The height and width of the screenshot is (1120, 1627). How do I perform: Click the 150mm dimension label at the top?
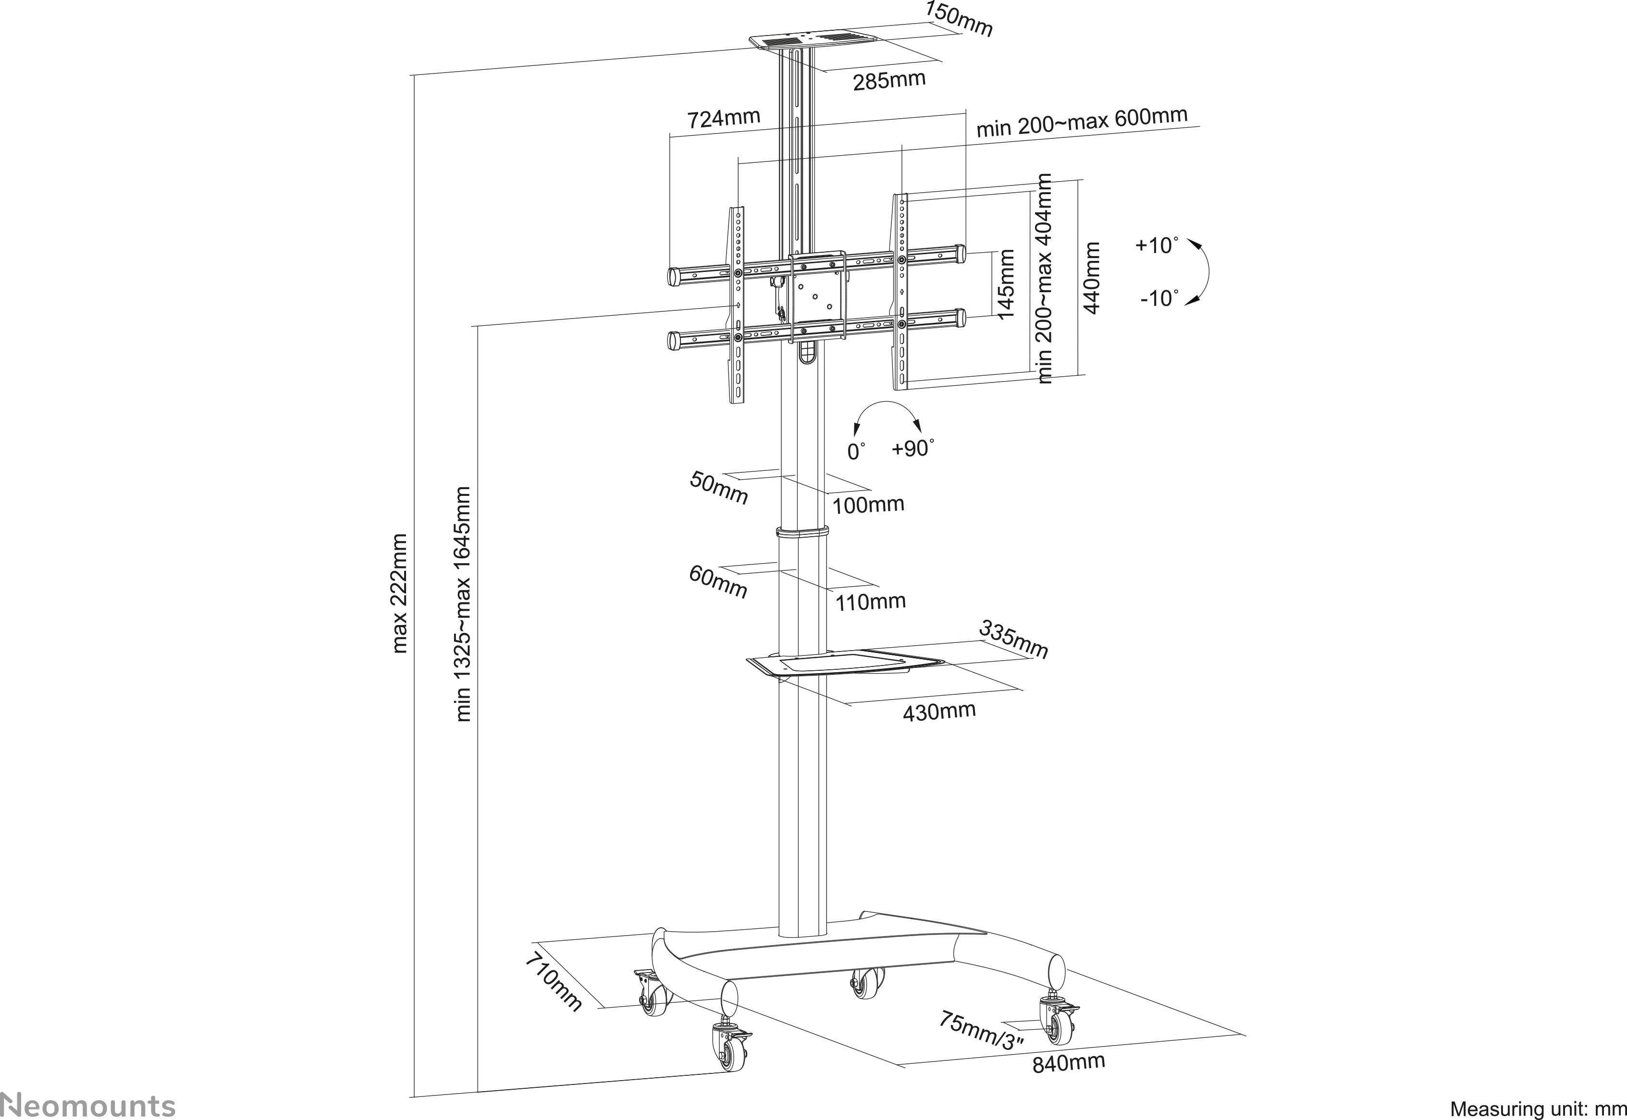(x=959, y=19)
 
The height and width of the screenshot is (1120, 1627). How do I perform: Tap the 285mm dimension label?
(x=889, y=80)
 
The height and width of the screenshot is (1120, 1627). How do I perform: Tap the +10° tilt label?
(x=1154, y=246)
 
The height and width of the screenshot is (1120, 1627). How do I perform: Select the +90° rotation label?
(x=913, y=448)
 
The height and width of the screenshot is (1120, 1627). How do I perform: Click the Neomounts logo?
(x=88, y=1105)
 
